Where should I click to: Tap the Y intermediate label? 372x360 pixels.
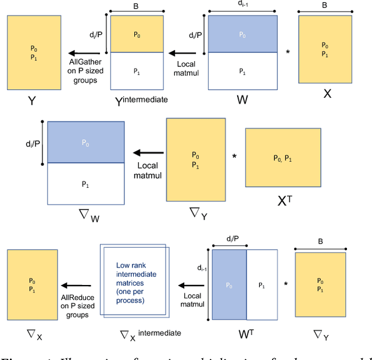point(141,99)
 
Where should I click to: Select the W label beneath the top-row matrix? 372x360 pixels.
point(243,99)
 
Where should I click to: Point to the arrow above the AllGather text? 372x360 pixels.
point(81,52)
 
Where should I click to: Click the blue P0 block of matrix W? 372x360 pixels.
point(242,34)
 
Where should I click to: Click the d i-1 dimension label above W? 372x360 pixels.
point(242,4)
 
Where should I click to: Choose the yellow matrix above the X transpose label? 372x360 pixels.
point(283,158)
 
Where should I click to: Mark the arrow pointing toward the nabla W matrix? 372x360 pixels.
point(148,153)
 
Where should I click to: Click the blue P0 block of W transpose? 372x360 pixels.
point(230,285)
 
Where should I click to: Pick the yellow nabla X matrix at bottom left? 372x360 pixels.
point(33,284)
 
